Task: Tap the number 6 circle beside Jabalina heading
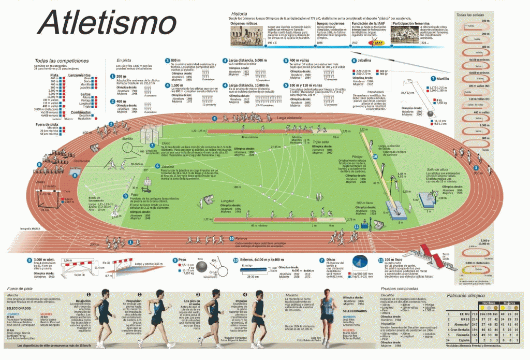pos(354,61)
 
